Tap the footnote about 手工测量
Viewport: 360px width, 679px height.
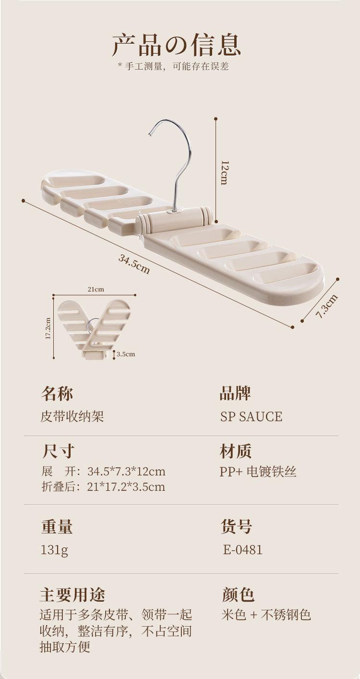coord(173,67)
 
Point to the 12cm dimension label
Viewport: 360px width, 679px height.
coord(224,172)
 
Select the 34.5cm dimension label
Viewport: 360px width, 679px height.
coord(134,264)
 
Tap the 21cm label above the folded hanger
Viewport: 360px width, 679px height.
coord(96,289)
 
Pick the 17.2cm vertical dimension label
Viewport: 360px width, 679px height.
coord(48,328)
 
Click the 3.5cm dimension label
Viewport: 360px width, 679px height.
coord(126,354)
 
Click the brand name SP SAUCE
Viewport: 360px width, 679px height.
coord(251,416)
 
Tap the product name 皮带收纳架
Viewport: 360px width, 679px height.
coord(72,416)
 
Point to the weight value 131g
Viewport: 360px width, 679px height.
coord(55,550)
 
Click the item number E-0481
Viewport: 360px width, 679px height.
coord(243,549)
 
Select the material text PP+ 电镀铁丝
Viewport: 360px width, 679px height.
coord(258,472)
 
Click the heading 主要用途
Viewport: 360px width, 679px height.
coord(72,595)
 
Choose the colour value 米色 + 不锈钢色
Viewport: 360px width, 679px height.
coord(266,615)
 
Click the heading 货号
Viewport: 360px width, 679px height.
coord(237,527)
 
